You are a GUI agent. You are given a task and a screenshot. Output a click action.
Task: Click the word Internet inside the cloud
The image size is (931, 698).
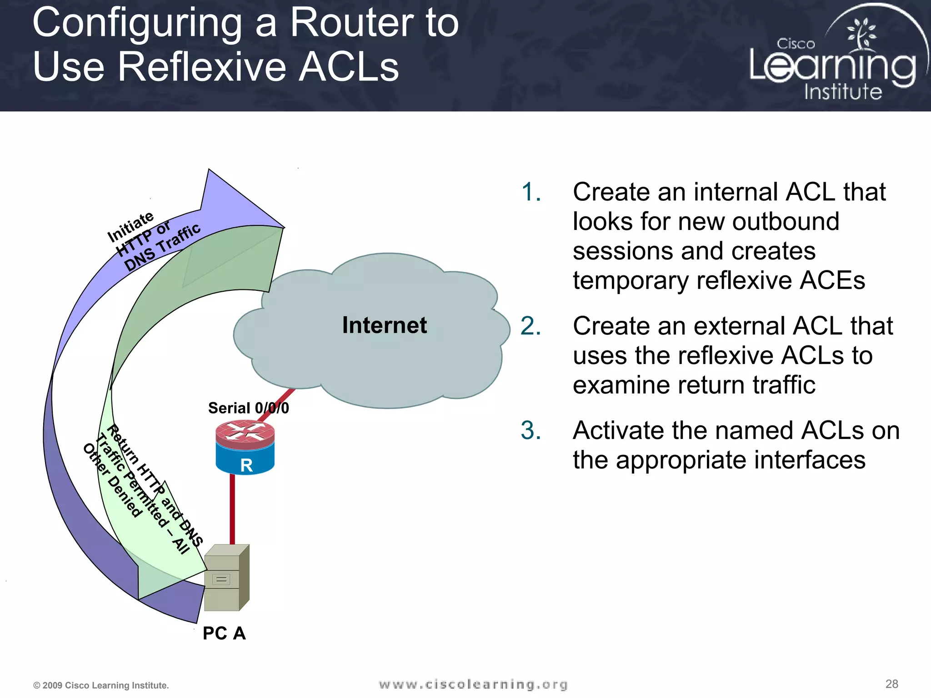384,325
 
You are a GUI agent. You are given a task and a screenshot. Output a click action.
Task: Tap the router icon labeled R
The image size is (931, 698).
245,448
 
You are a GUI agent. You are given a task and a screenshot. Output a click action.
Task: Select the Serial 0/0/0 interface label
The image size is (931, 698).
248,408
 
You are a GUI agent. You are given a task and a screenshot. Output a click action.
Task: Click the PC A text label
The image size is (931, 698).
224,633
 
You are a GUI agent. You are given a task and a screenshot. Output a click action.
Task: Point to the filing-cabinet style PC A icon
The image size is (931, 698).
226,578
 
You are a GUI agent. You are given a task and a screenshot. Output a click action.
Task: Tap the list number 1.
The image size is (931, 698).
531,192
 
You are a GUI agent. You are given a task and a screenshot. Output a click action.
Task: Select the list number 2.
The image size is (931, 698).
531,326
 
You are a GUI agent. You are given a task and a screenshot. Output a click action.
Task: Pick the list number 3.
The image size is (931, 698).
531,430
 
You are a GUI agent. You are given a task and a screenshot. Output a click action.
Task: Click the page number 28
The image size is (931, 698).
891,684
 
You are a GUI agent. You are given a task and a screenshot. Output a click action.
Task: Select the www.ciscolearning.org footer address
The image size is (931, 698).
473,684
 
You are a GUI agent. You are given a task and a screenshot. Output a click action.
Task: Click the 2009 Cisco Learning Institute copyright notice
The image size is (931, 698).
101,685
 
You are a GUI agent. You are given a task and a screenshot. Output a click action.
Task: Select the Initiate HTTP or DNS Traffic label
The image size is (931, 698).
153,241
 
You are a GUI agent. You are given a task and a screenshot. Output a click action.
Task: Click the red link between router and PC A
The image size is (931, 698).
232,509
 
